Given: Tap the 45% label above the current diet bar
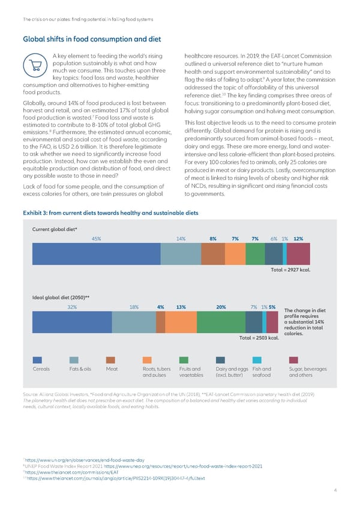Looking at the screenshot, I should [96, 238].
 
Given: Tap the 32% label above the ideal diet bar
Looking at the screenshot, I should [72, 307].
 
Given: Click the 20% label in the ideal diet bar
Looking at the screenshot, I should [220, 307].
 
